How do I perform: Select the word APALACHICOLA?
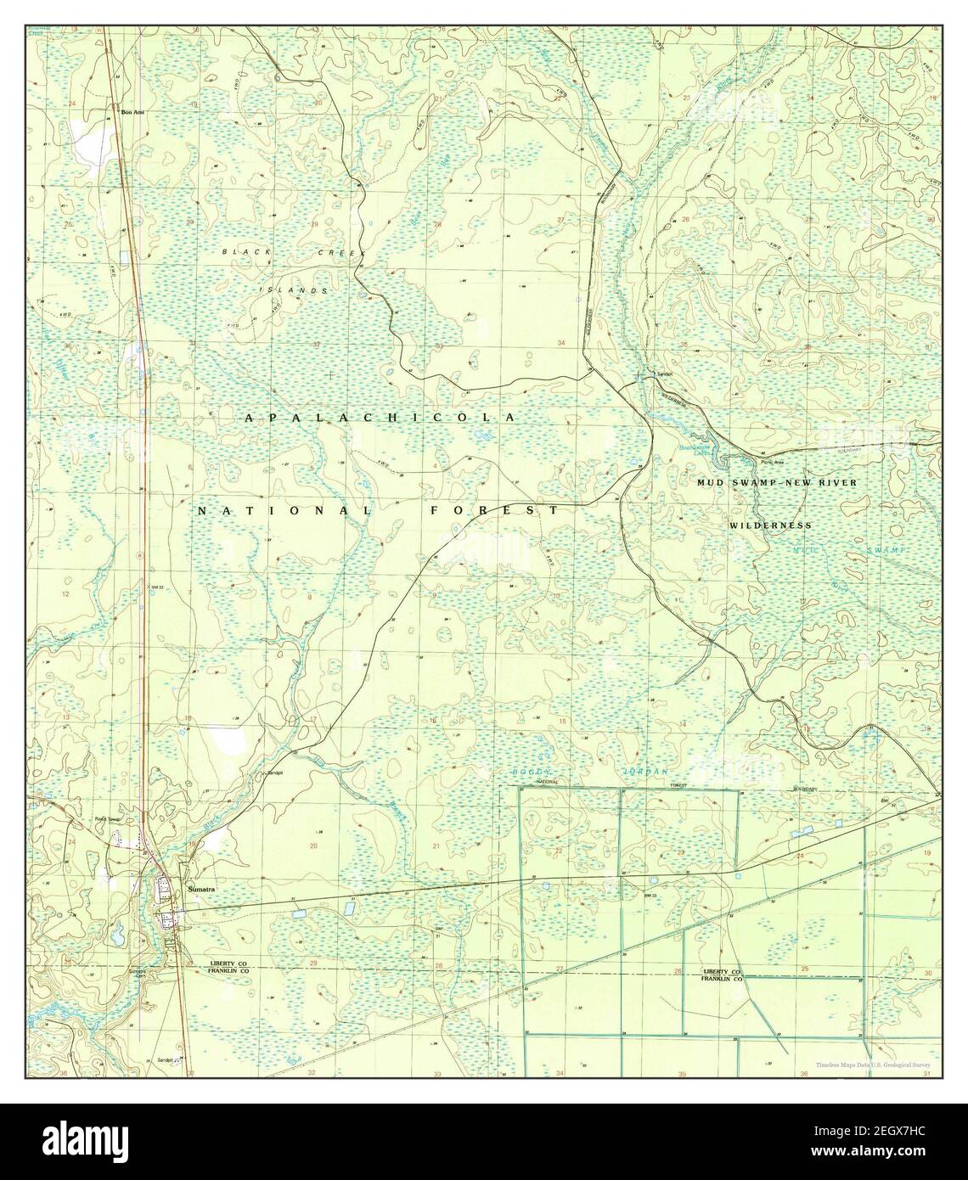[x=380, y=418]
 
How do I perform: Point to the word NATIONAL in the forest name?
[x=285, y=511]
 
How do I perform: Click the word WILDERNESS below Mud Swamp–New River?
[x=770, y=525]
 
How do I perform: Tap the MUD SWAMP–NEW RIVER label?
[x=777, y=482]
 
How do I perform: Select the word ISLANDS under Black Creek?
[x=293, y=290]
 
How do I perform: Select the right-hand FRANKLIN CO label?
[x=721, y=979]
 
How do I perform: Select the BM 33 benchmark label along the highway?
[x=155, y=587]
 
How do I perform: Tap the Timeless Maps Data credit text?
[x=874, y=1065]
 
